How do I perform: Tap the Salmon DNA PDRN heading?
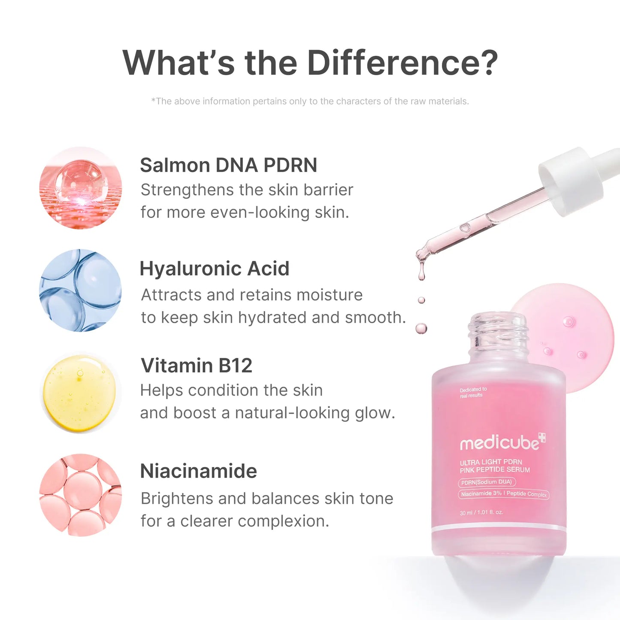228,165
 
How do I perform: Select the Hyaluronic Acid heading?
214,269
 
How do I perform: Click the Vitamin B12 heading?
196,366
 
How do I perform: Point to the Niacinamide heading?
198,471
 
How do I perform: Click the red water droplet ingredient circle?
80,188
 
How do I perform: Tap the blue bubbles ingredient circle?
80,290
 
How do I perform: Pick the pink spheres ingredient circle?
80,495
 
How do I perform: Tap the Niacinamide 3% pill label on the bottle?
504,494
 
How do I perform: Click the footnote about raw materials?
310,101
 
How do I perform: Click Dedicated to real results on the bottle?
473,392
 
